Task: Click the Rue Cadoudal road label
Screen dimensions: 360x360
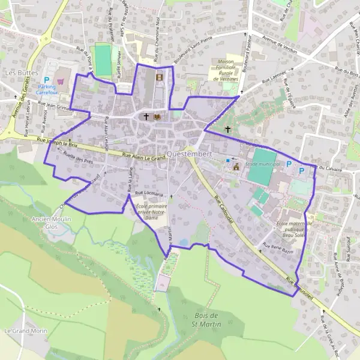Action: click(223, 210)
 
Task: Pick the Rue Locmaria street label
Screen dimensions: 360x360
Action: click(149, 194)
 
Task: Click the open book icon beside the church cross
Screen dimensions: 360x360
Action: click(158, 116)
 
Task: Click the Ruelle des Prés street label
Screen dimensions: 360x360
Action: click(77, 158)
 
